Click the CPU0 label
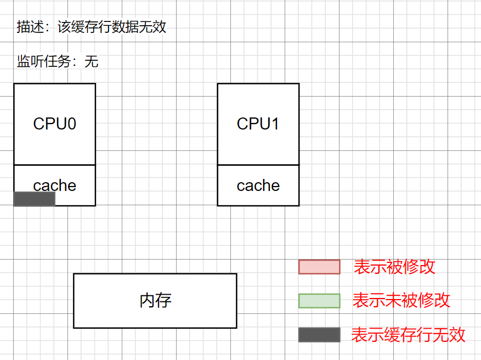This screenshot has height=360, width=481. tap(54, 123)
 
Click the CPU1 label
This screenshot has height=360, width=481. tap(258, 123)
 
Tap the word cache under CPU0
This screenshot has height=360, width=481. tap(54, 185)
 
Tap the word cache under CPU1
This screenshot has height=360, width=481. tap(258, 185)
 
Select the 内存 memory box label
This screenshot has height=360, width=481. tap(155, 300)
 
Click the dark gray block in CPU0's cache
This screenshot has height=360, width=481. tap(34, 199)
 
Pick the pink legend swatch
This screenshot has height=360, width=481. tap(319, 267)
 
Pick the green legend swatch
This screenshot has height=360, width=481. tap(319, 301)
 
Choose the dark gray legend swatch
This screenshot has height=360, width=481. tap(319, 335)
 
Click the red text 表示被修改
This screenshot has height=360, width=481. tap(394, 267)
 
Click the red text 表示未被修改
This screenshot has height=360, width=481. tap(401, 300)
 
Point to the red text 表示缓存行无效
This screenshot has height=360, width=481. tap(408, 335)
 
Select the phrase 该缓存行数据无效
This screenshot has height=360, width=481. tap(112, 27)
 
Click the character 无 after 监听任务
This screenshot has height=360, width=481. tap(92, 61)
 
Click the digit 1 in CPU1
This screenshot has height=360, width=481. tap(275, 123)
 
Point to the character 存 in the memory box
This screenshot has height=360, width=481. tap(163, 300)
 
